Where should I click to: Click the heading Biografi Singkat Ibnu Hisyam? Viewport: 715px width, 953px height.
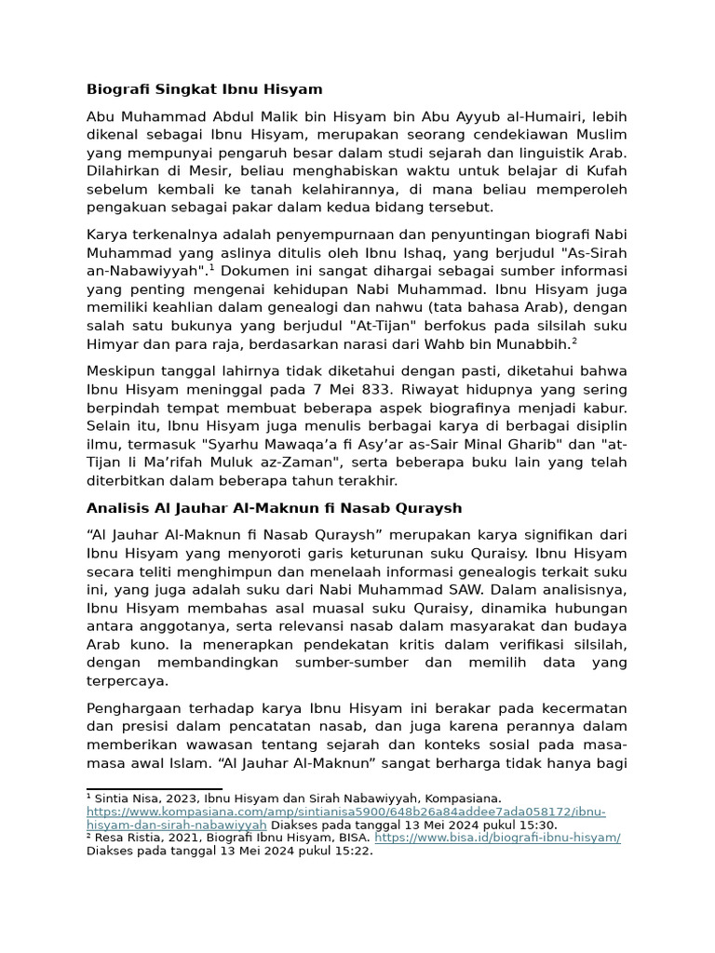point(204,89)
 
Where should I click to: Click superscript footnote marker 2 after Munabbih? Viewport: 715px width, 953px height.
point(574,341)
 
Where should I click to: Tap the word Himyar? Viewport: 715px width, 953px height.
point(110,343)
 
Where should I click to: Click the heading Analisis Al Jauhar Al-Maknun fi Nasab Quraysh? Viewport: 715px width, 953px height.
point(274,508)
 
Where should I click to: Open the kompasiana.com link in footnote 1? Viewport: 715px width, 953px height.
point(344,812)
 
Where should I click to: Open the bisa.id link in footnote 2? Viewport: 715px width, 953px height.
point(497,838)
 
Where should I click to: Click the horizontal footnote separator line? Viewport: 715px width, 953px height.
point(154,788)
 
